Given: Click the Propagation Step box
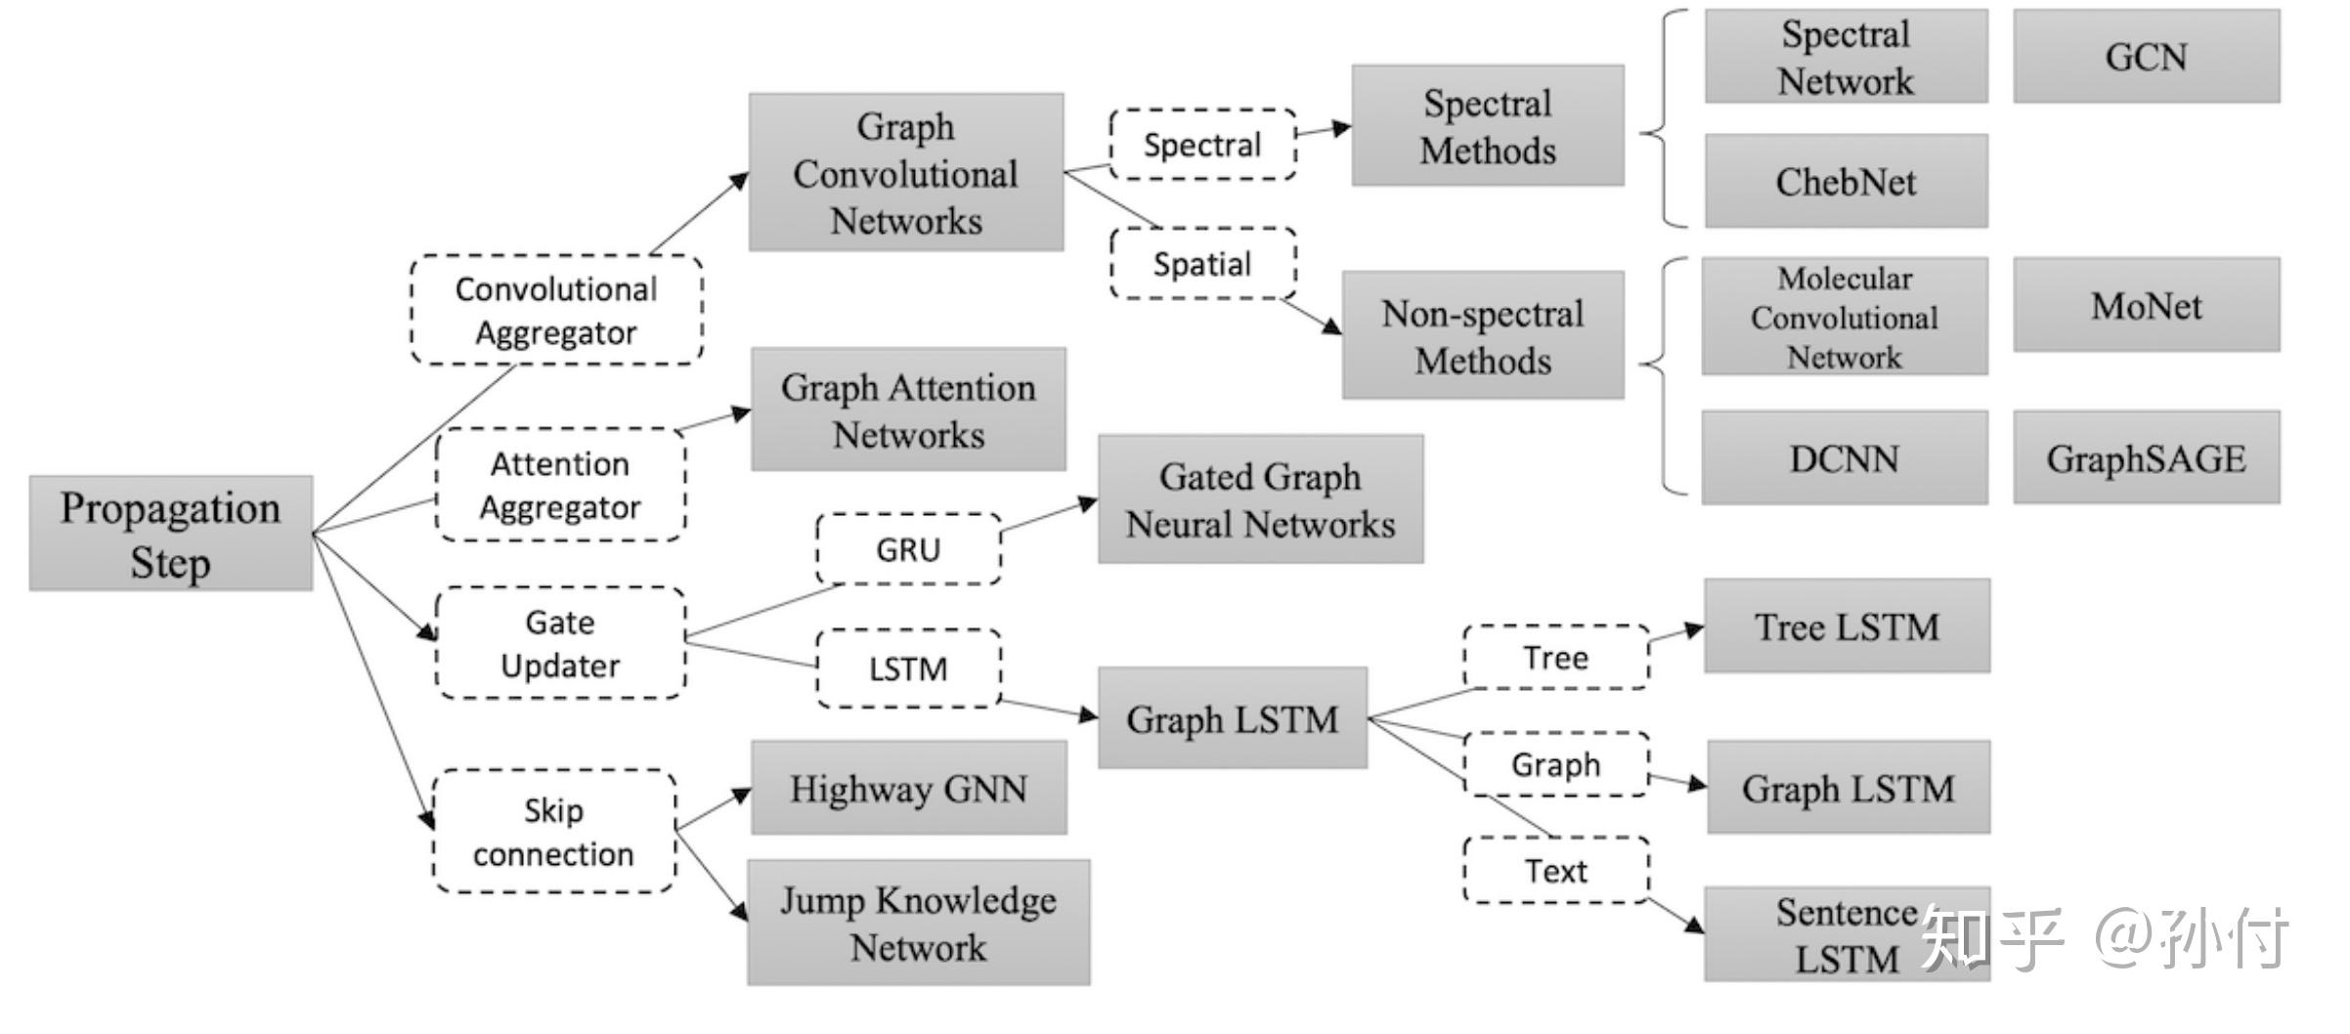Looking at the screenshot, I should coord(171,534).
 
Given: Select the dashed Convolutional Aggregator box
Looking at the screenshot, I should coord(556,311).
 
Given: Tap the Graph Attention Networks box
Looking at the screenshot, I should coord(908,409).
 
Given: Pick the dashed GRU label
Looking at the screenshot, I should coord(908,549).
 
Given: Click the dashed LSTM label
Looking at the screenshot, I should coord(908,668).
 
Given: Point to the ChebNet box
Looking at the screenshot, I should coord(1846,182).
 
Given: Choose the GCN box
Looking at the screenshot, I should coord(2146,57).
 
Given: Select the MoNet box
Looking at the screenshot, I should coord(2146,306).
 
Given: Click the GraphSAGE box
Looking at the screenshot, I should coord(2146,458).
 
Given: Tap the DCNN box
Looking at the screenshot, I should coord(1844,458).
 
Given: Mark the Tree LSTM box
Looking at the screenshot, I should coord(1847,626).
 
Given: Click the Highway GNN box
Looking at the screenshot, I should coord(908,789).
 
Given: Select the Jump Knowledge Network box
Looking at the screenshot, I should coord(918,923).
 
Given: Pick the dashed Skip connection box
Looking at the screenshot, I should coord(554,832).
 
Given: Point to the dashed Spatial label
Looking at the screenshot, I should coord(1202,264).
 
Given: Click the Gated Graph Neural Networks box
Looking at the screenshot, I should coord(1260,499).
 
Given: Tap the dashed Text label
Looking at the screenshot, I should coord(1555,870).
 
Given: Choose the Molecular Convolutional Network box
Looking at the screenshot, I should coord(1844,317).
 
